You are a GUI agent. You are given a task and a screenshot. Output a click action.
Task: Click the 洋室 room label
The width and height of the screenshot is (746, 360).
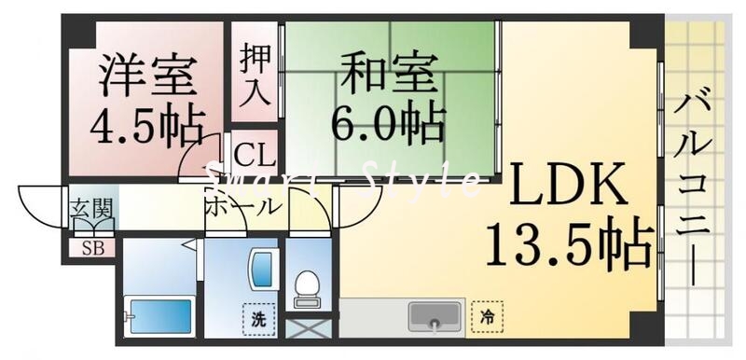coord(149,76)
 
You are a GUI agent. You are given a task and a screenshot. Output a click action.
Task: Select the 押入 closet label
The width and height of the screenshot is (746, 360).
coord(255,74)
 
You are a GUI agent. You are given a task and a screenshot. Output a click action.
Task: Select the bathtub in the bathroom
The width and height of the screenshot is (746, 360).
coord(159,316)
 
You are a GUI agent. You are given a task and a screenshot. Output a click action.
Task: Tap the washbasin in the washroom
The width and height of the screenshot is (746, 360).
coord(258,271)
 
